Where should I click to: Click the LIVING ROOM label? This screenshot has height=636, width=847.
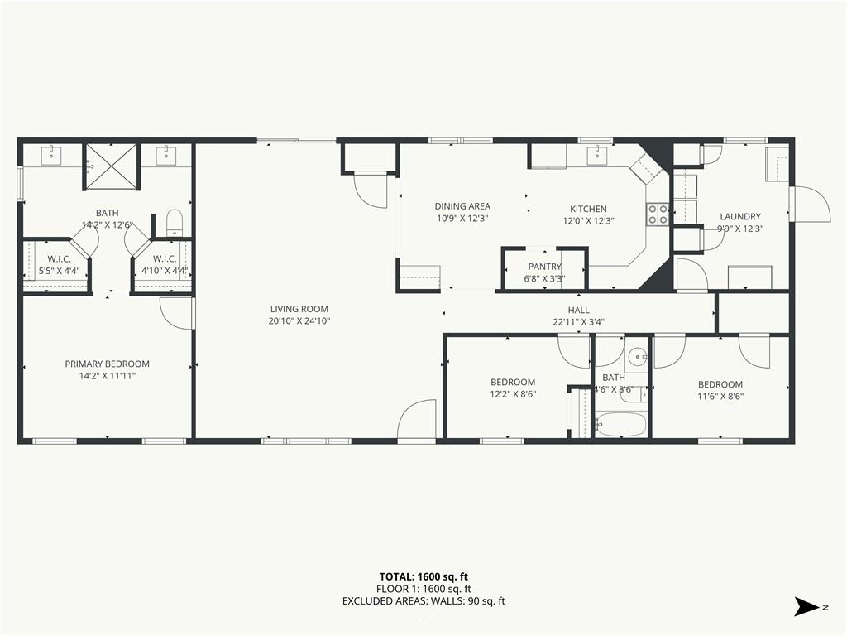(x=299, y=309)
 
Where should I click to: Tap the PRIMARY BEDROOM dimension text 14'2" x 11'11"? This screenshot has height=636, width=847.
(x=108, y=376)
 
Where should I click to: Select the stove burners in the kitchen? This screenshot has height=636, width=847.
(x=658, y=214)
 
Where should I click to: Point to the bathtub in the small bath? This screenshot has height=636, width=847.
(x=620, y=424)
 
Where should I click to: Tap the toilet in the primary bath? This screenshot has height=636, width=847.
(x=175, y=222)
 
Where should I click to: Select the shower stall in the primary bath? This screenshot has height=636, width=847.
(x=110, y=166)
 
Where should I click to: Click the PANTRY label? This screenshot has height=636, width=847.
(x=545, y=267)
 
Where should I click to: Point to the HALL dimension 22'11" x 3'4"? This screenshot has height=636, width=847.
(x=578, y=322)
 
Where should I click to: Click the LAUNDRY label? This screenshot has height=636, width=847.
(x=739, y=217)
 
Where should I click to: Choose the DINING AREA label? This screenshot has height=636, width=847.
(x=462, y=206)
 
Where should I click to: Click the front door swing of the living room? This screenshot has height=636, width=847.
(x=417, y=421)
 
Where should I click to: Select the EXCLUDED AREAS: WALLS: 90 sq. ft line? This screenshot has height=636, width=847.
(x=423, y=601)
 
